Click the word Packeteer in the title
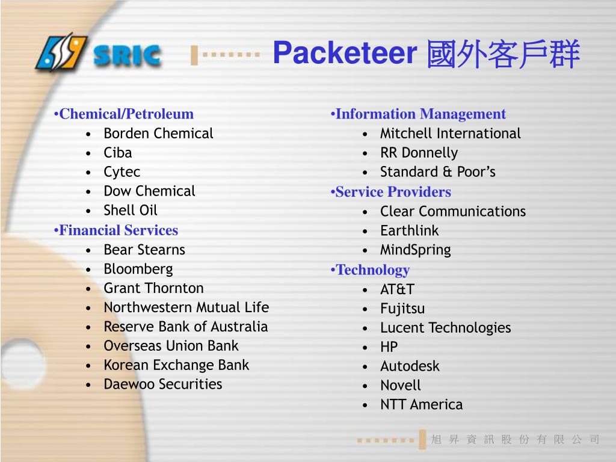pyautogui.click(x=345, y=54)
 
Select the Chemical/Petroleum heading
pyautogui.click(x=126, y=114)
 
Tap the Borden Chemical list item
pyautogui.click(x=158, y=134)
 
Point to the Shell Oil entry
pyautogui.click(x=131, y=211)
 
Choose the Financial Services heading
pyautogui.click(x=119, y=230)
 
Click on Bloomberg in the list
pyautogui.click(x=138, y=269)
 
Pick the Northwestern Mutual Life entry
pyautogui.click(x=186, y=307)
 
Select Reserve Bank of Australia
pyautogui.click(x=185, y=327)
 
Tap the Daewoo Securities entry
pyautogui.click(x=162, y=384)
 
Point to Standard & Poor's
pyautogui.click(x=438, y=172)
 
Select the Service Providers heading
pyautogui.click(x=393, y=192)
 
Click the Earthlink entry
pyautogui.click(x=409, y=231)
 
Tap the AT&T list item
pyautogui.click(x=397, y=289)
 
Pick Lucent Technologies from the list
pyautogui.click(x=445, y=328)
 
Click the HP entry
pyautogui.click(x=389, y=347)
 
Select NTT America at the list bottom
pyautogui.click(x=421, y=405)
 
